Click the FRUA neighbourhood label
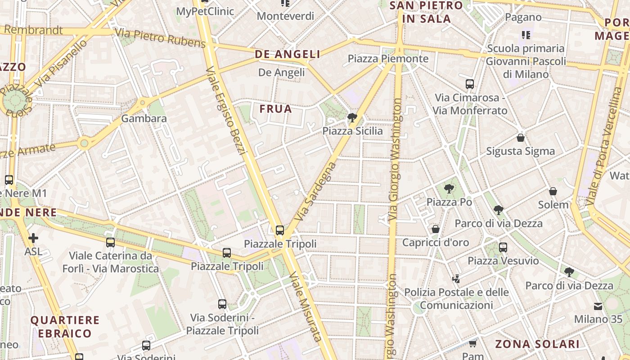click(x=276, y=109)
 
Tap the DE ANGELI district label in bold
click(x=288, y=54)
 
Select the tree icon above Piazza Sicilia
click(x=352, y=118)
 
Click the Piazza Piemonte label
click(x=388, y=58)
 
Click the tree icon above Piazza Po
click(x=449, y=189)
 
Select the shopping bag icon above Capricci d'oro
click(x=436, y=229)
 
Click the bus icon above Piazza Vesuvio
click(x=503, y=247)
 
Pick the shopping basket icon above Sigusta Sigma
click(x=521, y=138)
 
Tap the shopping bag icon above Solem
click(x=553, y=192)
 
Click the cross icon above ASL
click(x=33, y=238)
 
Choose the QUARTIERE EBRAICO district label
click(x=65, y=327)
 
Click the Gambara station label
click(x=144, y=119)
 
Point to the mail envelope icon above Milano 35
click(x=598, y=306)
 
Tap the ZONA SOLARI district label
click(x=537, y=344)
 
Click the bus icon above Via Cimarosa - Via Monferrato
click(x=470, y=84)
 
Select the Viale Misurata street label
click(x=306, y=306)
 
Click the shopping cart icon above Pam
click(x=472, y=344)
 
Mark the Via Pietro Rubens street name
click(x=160, y=38)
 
